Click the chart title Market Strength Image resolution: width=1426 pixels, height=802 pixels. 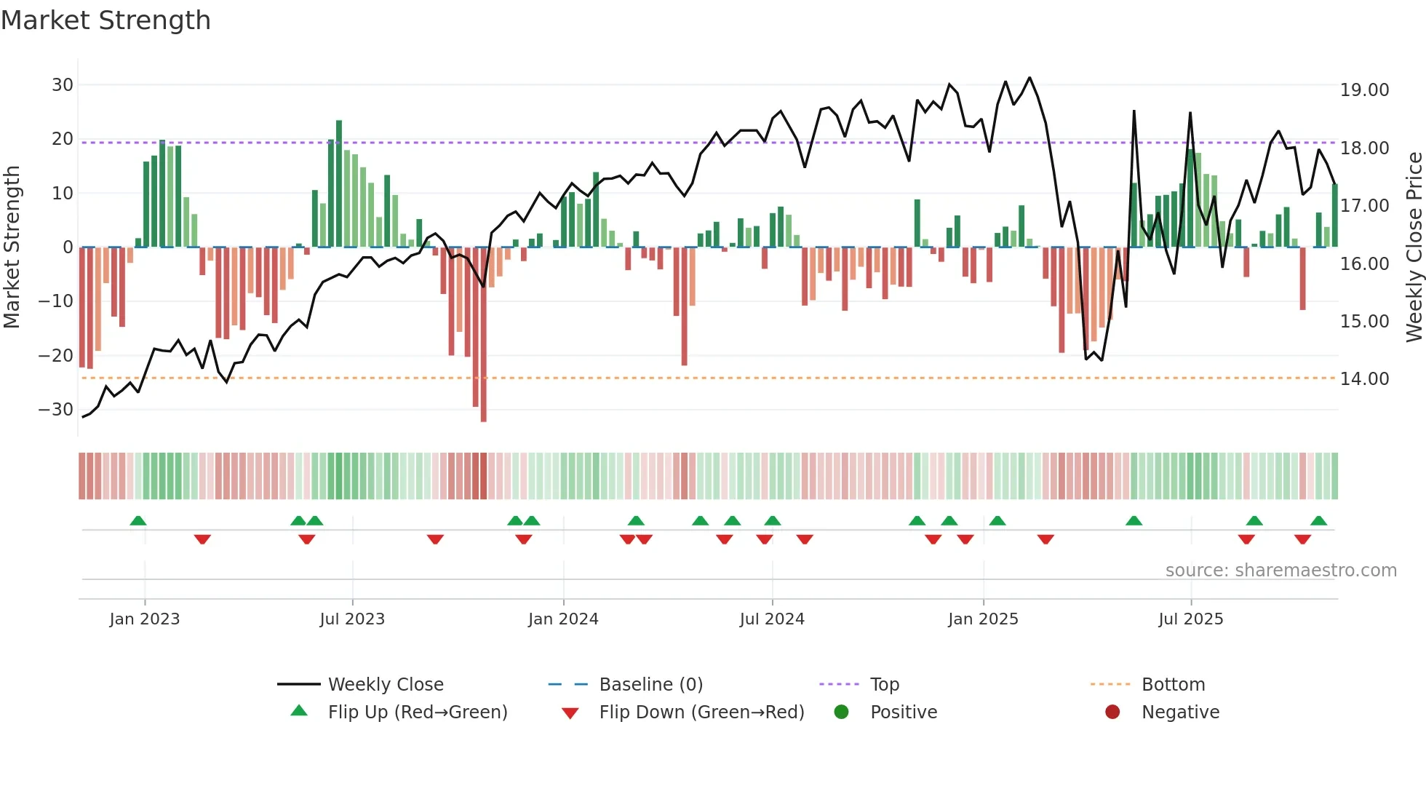tap(105, 20)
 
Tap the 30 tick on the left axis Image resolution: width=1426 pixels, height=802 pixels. tap(63, 85)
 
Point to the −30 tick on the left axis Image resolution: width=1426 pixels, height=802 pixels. tap(56, 410)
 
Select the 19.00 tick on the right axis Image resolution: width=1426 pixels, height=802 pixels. tap(1364, 90)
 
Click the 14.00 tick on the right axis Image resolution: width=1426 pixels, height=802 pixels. tap(1364, 379)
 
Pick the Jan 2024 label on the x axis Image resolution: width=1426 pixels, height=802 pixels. tap(563, 619)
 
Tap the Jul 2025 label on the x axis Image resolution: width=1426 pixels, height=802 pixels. tap(1190, 619)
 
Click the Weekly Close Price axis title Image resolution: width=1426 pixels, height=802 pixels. tap(1414, 247)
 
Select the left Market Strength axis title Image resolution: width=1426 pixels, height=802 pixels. tap(12, 247)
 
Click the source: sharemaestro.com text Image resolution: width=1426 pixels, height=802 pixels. tap(1280, 571)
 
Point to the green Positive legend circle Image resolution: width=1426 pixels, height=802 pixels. tap(842, 712)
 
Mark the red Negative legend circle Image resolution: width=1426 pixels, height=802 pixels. tap(1112, 712)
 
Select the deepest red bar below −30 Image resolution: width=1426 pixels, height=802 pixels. tap(484, 335)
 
